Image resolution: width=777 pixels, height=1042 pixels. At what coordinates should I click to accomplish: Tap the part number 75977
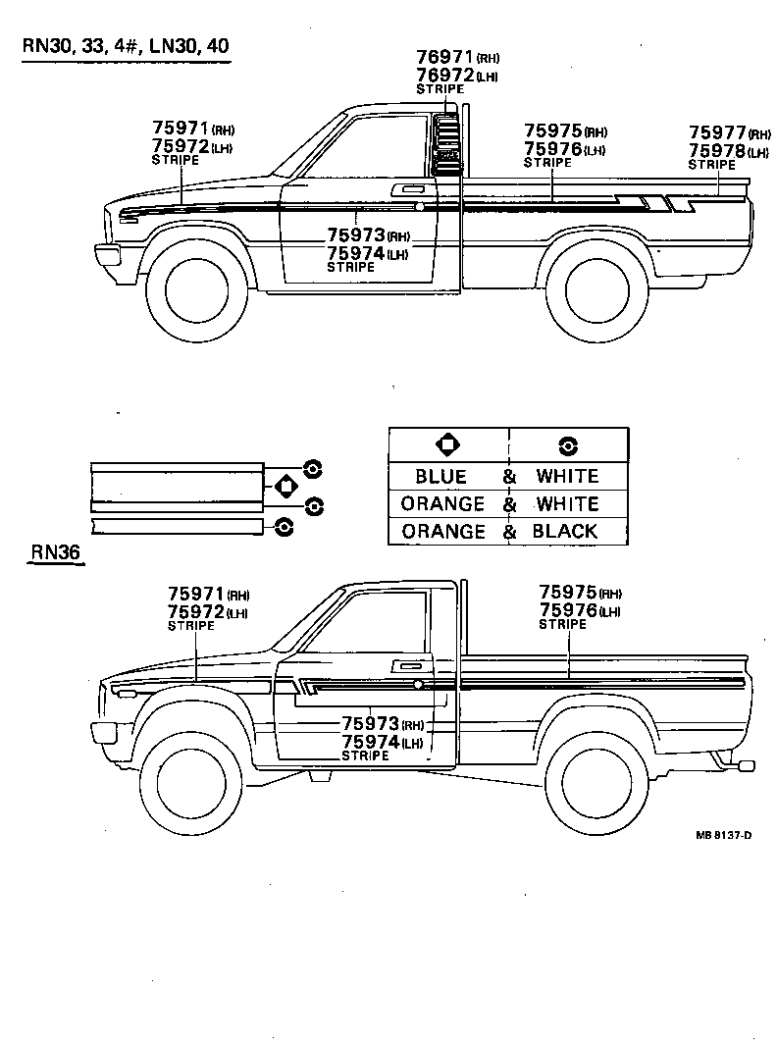click(717, 133)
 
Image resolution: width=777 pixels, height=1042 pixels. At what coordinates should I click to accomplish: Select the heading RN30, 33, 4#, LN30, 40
click(128, 47)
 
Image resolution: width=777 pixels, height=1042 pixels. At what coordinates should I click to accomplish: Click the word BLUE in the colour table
click(440, 477)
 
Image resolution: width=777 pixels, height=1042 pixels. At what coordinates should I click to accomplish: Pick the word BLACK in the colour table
click(565, 532)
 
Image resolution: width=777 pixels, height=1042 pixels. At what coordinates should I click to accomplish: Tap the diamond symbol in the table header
click(447, 445)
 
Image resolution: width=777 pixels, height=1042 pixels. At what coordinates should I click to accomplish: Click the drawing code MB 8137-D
click(724, 835)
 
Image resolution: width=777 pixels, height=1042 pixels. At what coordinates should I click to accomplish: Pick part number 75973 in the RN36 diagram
click(371, 724)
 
